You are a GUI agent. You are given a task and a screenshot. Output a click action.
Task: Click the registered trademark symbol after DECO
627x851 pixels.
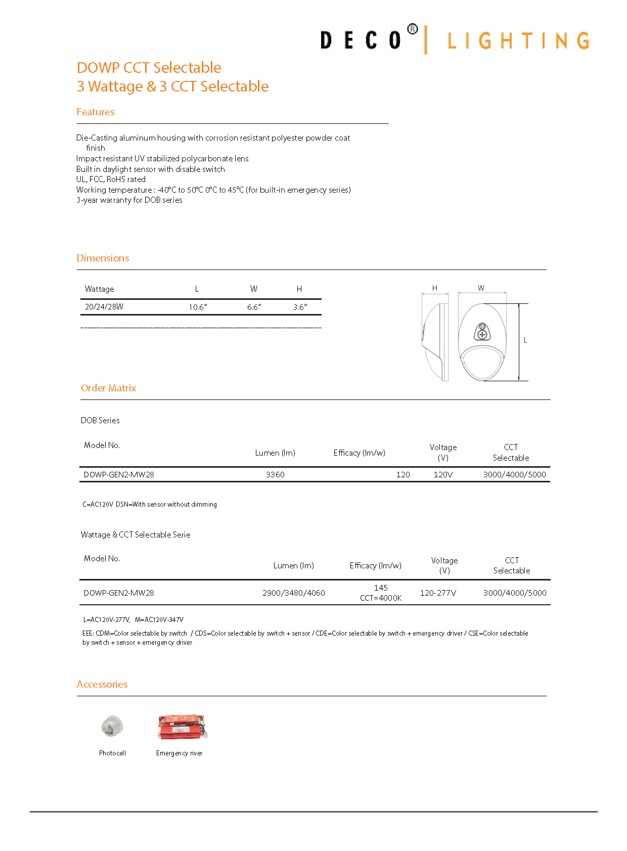(x=413, y=29)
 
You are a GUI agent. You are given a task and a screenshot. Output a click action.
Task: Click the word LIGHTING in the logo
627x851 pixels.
(x=518, y=41)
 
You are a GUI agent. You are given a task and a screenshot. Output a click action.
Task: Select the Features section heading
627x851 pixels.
(x=96, y=112)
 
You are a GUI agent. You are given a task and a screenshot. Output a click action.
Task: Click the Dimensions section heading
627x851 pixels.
(x=103, y=258)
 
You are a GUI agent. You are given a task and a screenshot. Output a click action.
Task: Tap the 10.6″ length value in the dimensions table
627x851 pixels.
(x=198, y=307)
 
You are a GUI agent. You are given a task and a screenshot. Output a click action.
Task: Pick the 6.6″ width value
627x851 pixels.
(x=254, y=307)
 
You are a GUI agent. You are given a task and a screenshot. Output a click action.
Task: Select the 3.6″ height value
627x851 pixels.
(x=300, y=307)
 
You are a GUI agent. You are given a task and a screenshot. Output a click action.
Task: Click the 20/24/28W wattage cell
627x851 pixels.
(x=104, y=306)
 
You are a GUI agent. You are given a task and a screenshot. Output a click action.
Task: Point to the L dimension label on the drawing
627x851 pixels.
(x=525, y=340)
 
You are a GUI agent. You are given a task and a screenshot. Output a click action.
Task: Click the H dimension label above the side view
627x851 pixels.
(x=434, y=288)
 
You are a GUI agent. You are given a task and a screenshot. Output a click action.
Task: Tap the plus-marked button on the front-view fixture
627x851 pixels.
(x=482, y=334)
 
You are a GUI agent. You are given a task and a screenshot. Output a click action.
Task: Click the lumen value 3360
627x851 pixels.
(x=275, y=474)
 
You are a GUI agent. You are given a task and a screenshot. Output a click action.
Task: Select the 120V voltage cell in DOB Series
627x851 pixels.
(x=443, y=474)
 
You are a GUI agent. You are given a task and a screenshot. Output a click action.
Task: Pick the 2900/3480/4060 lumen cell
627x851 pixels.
(x=293, y=593)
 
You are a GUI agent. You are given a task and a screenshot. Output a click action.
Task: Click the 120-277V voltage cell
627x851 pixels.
(x=438, y=593)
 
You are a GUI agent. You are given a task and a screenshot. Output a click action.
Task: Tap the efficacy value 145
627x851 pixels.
(x=381, y=588)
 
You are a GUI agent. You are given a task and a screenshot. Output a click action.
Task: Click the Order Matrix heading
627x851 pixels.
(x=109, y=388)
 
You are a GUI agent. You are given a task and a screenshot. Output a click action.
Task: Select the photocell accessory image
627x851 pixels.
(x=112, y=727)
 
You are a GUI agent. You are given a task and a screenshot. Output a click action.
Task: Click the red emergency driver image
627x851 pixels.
(x=182, y=727)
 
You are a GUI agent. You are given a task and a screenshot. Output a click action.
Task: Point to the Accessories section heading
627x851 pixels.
(x=102, y=684)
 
